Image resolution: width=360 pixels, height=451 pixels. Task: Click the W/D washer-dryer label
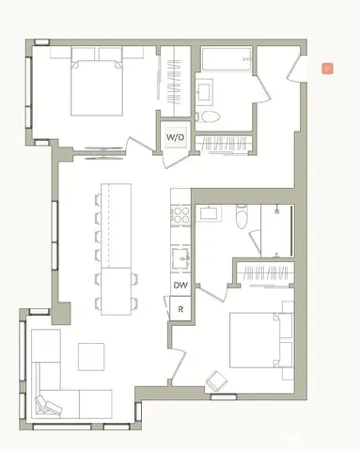pyautogui.click(x=176, y=138)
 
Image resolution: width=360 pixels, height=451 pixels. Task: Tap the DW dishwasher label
pyautogui.click(x=179, y=285)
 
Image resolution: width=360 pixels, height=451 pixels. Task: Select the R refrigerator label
pyautogui.click(x=179, y=307)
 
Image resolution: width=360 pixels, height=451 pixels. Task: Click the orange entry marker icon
pyautogui.click(x=327, y=68)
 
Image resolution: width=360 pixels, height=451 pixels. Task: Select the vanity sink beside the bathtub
pyautogui.click(x=204, y=92)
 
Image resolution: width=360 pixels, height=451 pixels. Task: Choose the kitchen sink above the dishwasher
pyautogui.click(x=179, y=256)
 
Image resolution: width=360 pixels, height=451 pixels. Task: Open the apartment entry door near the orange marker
pyautogui.click(x=299, y=73)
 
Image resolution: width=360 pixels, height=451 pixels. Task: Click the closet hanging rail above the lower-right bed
pyautogui.click(x=262, y=274)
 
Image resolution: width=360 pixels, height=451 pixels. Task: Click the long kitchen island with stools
pyautogui.click(x=117, y=249)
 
